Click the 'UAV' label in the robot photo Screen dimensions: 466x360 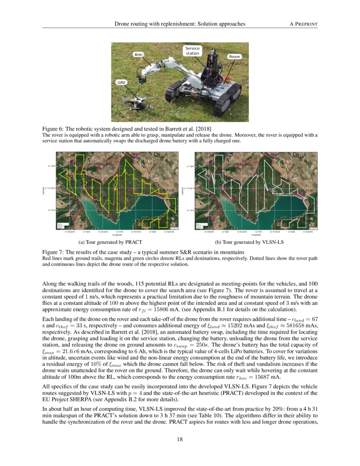point(121,82)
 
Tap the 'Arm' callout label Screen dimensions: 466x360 point(138,55)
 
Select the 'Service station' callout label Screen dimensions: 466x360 point(192,51)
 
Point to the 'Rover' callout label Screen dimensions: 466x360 point(234,56)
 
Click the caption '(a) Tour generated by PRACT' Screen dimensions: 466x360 point(110,242)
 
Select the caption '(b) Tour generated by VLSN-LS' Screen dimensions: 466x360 point(249,242)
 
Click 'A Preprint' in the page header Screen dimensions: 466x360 point(303,24)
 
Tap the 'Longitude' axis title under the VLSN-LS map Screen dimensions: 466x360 point(256,234)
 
